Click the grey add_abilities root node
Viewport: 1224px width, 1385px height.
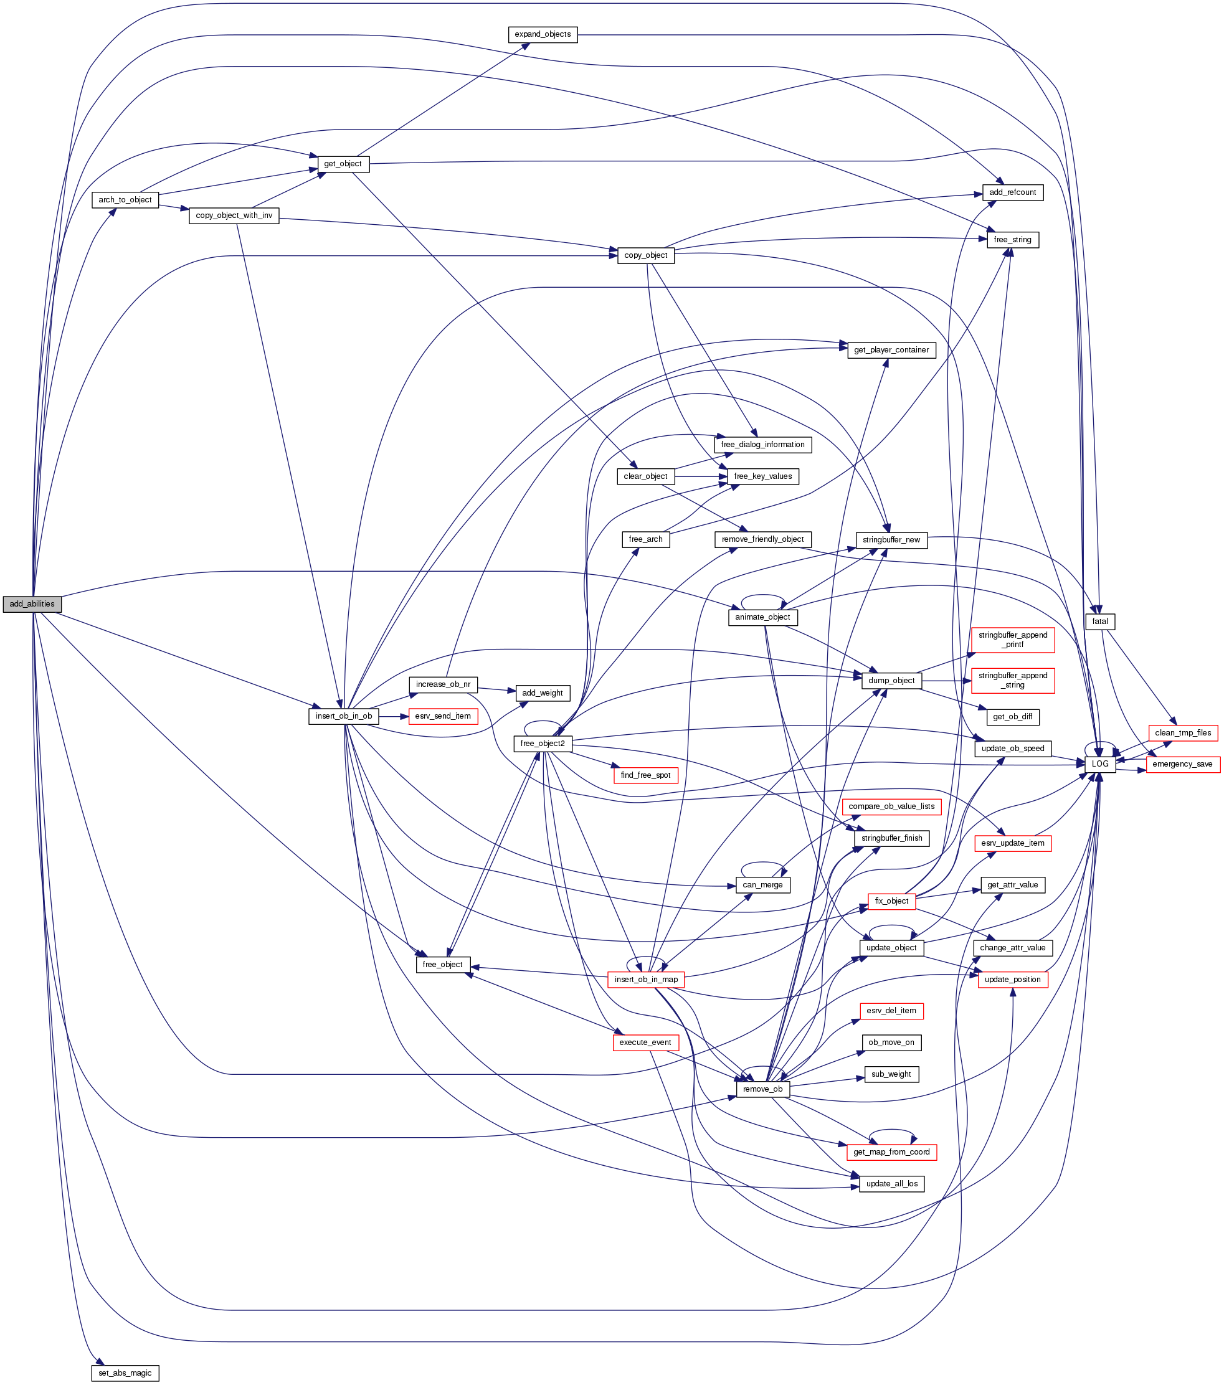point(32,603)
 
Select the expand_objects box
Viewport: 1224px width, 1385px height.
point(542,34)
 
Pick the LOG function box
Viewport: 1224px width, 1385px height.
point(1099,763)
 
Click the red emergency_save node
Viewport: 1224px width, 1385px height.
point(1182,763)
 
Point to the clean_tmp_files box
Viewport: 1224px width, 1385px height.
point(1183,732)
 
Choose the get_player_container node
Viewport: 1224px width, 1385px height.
point(891,349)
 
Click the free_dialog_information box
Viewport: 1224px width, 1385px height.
point(762,445)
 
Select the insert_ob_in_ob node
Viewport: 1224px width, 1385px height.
point(344,716)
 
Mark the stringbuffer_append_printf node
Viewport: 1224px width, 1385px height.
point(1013,640)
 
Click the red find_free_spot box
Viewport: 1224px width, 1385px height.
point(645,775)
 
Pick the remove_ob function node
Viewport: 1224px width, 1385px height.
point(762,1089)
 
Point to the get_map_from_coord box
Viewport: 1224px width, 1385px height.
point(891,1152)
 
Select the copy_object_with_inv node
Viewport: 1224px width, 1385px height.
point(234,215)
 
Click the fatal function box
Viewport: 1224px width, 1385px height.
point(1099,622)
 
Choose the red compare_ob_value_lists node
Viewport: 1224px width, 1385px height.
point(891,806)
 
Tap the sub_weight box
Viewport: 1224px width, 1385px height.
point(891,1074)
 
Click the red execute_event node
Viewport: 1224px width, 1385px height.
point(645,1042)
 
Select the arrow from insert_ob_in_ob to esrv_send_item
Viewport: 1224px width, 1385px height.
point(392,716)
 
